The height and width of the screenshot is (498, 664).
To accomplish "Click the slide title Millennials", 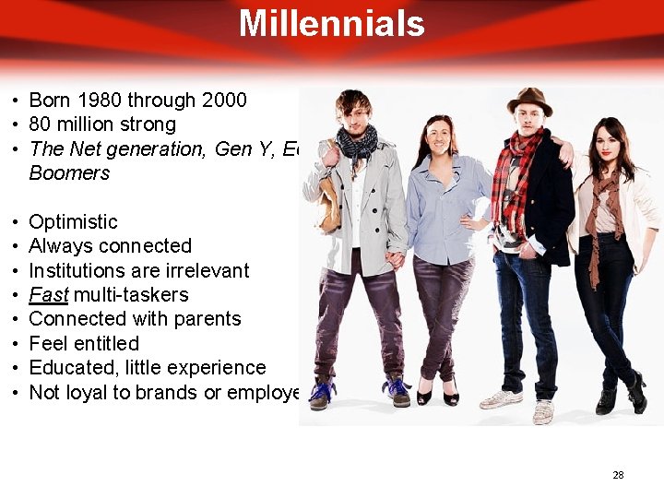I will (x=331, y=23).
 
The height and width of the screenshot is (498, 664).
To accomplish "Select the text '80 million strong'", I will (x=102, y=124).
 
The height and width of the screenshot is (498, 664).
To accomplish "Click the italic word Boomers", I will (x=69, y=172).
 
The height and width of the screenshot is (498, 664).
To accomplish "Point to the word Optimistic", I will (x=73, y=221).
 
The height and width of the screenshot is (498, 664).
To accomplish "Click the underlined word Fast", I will (x=47, y=294).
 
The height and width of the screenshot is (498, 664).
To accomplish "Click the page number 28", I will (x=618, y=475).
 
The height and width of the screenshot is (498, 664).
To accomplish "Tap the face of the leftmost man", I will (x=354, y=113).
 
